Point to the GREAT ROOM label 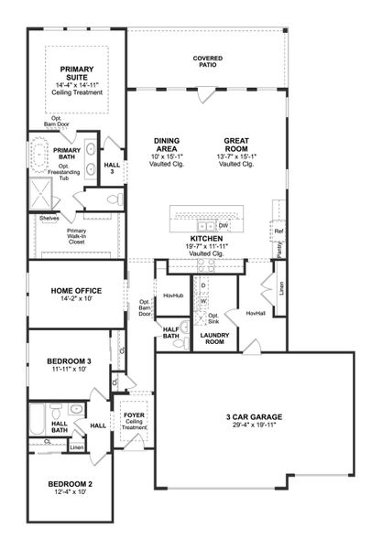click(x=237, y=144)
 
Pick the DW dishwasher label click(x=224, y=224)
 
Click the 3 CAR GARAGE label click(x=254, y=417)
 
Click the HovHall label click(x=256, y=312)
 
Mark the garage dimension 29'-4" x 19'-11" click(x=254, y=426)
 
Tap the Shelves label click(x=49, y=218)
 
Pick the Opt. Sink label click(x=213, y=318)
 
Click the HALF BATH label click(x=171, y=334)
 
